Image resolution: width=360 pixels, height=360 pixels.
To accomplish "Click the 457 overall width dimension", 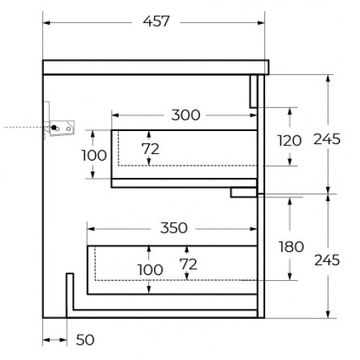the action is [x=156, y=22].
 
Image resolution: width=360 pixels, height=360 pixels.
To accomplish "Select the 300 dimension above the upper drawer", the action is [x=186, y=115].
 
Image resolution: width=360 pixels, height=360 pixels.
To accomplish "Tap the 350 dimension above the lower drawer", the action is [x=174, y=228].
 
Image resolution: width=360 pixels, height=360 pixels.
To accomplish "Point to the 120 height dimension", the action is [x=289, y=140].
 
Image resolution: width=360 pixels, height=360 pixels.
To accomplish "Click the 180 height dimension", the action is [x=291, y=247].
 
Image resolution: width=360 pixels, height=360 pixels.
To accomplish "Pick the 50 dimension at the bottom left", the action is [x=85, y=340].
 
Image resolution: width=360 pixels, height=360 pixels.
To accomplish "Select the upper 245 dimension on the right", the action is [x=327, y=139].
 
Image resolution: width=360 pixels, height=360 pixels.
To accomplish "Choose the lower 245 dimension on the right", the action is [x=327, y=260].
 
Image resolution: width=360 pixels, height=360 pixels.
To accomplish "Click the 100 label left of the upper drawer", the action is [x=94, y=156].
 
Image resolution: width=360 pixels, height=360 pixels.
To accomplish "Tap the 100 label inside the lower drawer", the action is [x=150, y=270].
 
